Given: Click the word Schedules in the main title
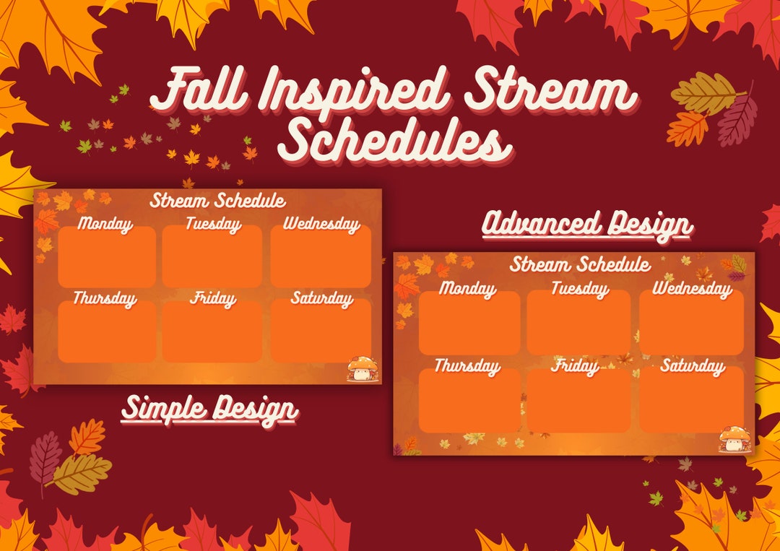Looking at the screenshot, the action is [x=395, y=142].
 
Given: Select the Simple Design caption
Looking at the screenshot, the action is [x=210, y=409].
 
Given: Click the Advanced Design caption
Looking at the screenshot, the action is [x=587, y=225].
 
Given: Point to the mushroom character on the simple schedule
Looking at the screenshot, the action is [x=363, y=369].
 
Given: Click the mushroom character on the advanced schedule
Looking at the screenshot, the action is [x=735, y=438].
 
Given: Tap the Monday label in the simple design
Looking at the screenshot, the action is [x=105, y=225].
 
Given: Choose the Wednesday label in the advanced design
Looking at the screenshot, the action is [x=693, y=288].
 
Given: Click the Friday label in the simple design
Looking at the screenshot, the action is [x=213, y=299].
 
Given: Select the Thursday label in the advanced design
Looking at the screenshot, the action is [x=467, y=367].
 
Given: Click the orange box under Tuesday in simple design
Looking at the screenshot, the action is [x=212, y=256].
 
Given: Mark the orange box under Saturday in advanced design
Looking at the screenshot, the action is [x=691, y=399].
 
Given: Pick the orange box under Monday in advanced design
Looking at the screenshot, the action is [x=469, y=323].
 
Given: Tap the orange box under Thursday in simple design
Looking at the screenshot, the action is [x=107, y=331].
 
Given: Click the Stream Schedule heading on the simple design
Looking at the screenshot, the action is [x=218, y=201].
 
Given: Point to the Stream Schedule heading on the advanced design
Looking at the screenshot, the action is [x=580, y=264].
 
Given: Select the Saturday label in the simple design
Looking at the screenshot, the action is [x=322, y=298].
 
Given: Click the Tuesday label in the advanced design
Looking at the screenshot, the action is [x=580, y=288].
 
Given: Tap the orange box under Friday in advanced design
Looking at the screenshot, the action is [x=578, y=401].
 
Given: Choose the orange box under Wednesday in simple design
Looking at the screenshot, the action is [x=321, y=256].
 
